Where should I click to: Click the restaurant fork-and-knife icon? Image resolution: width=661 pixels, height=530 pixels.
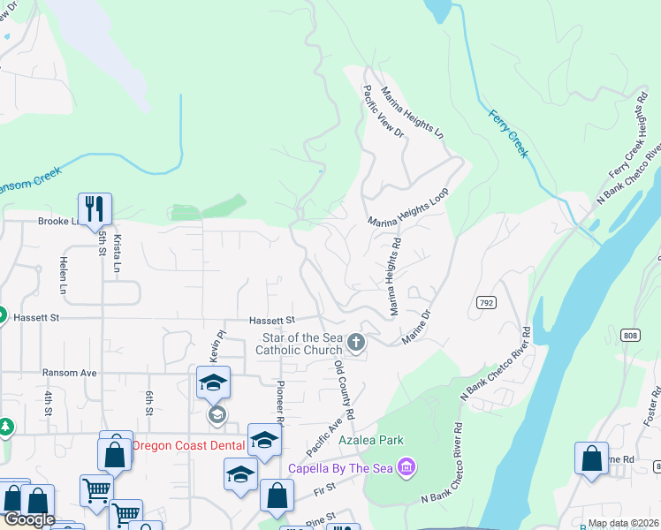(x=95, y=209)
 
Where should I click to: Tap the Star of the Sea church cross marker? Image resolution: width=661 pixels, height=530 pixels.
(x=356, y=343)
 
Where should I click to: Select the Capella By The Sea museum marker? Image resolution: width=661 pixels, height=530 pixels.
(x=406, y=466)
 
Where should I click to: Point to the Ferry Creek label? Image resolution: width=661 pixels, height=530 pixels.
(x=509, y=133)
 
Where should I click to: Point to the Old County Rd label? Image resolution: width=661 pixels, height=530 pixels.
(x=344, y=389)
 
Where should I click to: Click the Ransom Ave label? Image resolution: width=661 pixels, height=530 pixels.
(x=70, y=373)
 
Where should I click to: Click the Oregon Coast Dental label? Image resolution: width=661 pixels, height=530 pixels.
(x=189, y=445)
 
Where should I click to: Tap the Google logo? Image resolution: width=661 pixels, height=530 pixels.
(x=29, y=520)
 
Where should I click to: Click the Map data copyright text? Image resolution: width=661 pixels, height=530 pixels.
(x=623, y=523)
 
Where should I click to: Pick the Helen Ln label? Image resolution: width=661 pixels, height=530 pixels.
(x=63, y=276)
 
